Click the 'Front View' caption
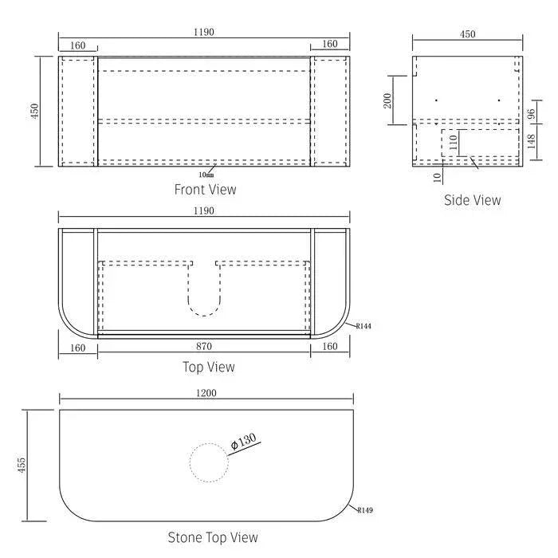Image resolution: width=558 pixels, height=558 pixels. pos(205,190)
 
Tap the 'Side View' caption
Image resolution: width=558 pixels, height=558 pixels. pos(472,200)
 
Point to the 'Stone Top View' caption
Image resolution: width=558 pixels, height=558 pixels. pos(212,537)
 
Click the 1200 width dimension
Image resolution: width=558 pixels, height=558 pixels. pos(206,393)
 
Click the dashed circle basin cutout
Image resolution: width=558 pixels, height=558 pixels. pos(209,462)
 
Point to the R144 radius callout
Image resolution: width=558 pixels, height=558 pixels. pos(364,326)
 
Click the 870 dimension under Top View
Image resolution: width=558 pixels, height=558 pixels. pos(205,347)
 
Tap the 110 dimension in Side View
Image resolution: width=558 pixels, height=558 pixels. pos(452,143)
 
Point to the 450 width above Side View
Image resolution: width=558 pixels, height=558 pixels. pos(467,34)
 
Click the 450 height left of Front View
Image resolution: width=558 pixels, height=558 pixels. pos(33,112)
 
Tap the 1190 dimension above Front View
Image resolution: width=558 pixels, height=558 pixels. pos(205,33)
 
